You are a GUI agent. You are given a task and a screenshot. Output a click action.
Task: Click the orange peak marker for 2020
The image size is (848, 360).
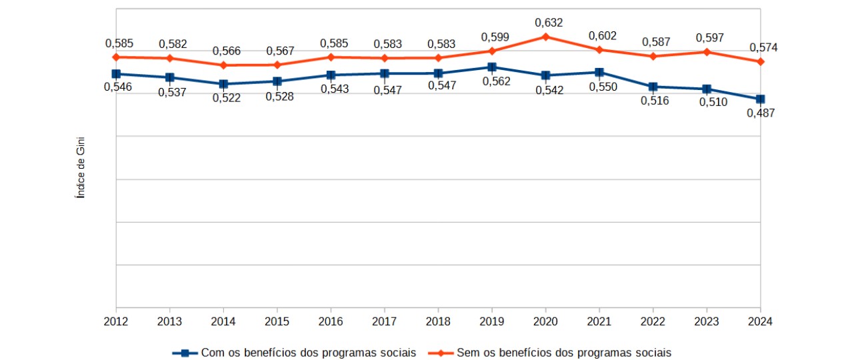[545, 37]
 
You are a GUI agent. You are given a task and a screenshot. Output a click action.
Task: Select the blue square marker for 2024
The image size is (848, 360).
[760, 99]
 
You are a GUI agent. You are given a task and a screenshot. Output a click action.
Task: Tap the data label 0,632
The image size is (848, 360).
[549, 23]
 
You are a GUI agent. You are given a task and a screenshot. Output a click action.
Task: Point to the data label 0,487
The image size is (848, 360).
[760, 113]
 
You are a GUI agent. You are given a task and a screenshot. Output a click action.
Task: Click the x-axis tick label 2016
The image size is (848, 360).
[331, 321]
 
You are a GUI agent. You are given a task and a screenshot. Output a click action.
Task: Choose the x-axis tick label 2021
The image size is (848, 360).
[599, 321]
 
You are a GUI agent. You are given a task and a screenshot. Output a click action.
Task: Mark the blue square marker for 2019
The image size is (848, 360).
[491, 67]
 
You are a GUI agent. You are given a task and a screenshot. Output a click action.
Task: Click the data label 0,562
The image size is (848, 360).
[495, 81]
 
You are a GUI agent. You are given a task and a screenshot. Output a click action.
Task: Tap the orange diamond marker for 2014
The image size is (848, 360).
[223, 65]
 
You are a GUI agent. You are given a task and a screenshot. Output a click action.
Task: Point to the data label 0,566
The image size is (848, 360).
[227, 51]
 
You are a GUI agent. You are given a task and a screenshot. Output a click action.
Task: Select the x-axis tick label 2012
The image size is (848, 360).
[116, 321]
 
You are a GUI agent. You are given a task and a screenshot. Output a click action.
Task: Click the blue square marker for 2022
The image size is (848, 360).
[653, 87]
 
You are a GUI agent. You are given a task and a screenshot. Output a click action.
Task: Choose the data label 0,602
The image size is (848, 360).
[603, 35]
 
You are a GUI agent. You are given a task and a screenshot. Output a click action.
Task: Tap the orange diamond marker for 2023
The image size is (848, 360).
[706, 52]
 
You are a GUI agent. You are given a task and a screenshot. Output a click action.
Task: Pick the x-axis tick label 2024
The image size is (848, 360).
[760, 321]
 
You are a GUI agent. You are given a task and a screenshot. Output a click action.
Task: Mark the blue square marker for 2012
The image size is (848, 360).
[116, 74]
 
